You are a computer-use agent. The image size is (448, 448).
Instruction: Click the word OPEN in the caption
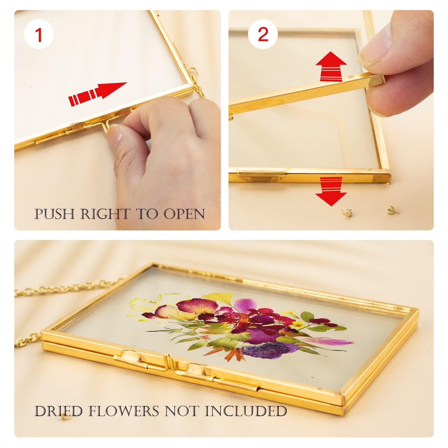coord(184,214)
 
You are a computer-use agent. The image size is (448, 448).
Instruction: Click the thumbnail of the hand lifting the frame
coord(331,120)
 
